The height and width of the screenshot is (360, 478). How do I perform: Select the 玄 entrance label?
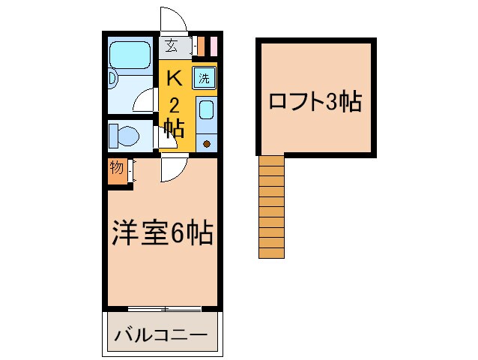point(172,46)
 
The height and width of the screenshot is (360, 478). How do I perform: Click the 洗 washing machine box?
point(205,76)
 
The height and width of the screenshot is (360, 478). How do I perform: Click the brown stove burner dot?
point(208,142)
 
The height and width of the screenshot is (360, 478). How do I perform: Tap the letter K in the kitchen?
point(174,77)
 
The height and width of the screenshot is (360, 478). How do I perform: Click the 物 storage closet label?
point(116,168)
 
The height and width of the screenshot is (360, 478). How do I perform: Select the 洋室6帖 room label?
point(163,234)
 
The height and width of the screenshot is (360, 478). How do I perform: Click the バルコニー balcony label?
point(160,334)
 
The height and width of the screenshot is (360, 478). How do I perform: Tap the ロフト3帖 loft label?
point(315,101)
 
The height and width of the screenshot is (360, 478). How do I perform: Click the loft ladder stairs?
point(272,206)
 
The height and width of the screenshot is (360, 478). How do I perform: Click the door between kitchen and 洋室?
point(172,171)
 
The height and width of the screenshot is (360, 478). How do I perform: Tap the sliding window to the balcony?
point(164,309)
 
